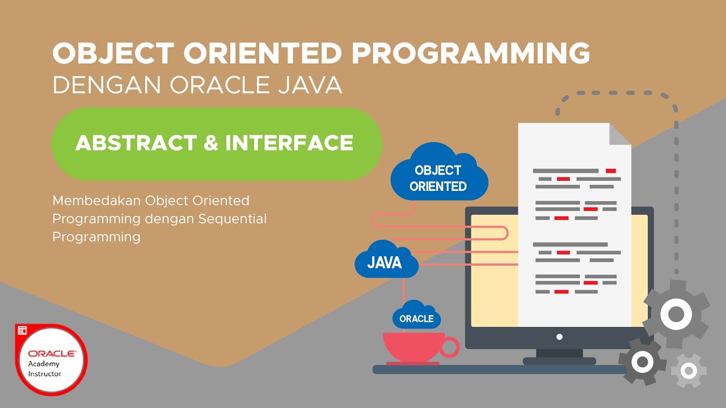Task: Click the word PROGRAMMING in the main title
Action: coord(470,53)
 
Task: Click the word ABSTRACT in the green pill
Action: coord(136,143)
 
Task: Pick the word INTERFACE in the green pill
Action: coord(289,143)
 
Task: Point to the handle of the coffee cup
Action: coord(450,347)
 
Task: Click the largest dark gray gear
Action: coord(676,313)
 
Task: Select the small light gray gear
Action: coord(689,371)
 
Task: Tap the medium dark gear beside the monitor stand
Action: coord(642,361)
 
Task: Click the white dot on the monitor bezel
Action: coord(559,337)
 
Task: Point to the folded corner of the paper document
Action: coord(620,134)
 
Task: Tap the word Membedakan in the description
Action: coord(96,201)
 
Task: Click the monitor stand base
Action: coord(559,361)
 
